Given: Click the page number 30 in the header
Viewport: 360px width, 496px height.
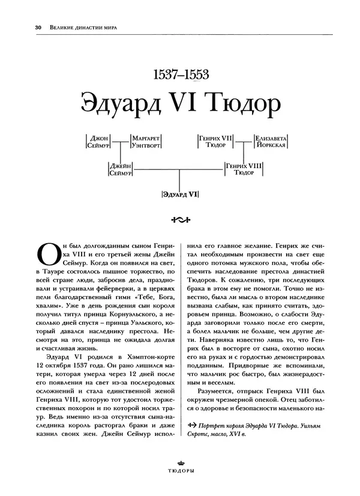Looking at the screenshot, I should click(x=22, y=26).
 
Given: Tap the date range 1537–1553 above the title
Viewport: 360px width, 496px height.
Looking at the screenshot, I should click(x=180, y=76).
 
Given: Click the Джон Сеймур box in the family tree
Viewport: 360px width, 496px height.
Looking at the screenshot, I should click(x=97, y=141).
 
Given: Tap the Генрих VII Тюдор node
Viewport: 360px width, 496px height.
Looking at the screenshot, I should click(x=215, y=141).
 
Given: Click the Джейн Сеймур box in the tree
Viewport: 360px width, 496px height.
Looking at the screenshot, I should click(x=121, y=169).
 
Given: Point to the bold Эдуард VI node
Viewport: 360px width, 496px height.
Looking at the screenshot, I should click(x=180, y=194).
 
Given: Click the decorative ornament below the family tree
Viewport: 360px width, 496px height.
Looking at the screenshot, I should click(x=180, y=219).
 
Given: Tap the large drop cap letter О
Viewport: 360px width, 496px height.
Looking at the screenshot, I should click(x=49, y=255).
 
